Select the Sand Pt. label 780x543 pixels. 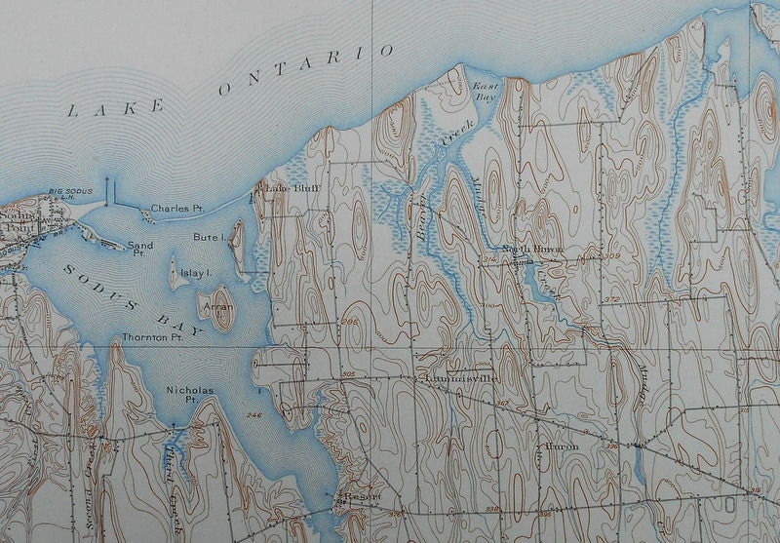tap(140, 250)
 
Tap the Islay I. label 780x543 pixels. tap(197, 274)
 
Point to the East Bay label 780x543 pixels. tap(485, 92)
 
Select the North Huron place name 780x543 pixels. tap(531, 250)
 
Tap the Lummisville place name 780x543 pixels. tap(460, 377)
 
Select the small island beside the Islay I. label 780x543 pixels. tap(176, 274)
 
